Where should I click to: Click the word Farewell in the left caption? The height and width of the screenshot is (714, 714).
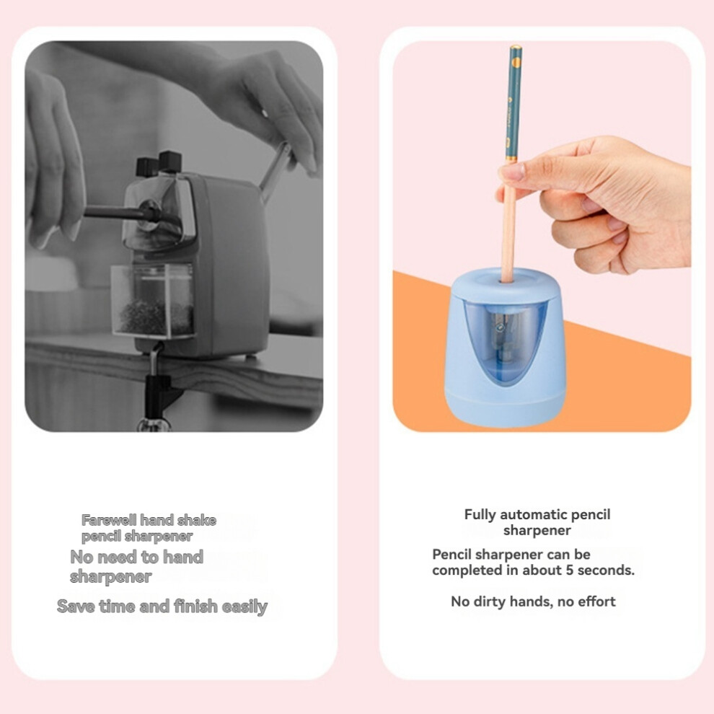pyautogui.click(x=109, y=520)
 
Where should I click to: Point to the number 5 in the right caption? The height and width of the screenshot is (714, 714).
pyautogui.click(x=570, y=570)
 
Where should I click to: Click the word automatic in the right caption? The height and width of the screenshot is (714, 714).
pyautogui.click(x=529, y=514)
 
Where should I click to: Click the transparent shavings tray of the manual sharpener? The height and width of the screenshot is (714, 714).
pyautogui.click(x=153, y=301)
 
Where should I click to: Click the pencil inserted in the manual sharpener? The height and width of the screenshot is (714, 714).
pyautogui.click(x=123, y=213)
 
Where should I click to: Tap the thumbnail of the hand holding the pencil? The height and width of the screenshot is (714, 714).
pyautogui.click(x=512, y=172)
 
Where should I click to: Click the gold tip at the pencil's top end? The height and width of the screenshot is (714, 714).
pyautogui.click(x=516, y=48)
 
